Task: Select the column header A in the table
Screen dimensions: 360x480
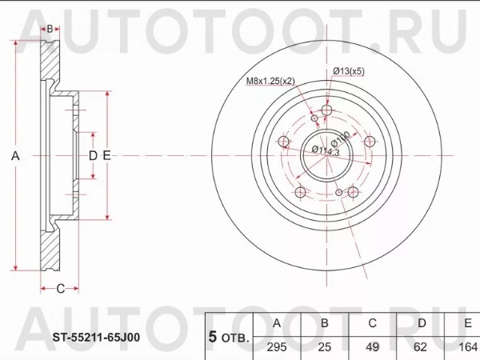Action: [276, 323]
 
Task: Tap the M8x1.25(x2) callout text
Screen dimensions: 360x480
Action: [270, 82]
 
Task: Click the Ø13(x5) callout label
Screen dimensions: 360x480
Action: [349, 72]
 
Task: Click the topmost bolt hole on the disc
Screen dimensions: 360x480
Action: [326, 112]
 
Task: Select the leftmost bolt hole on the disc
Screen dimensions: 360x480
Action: [283, 142]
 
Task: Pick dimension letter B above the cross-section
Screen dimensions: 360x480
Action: [50, 29]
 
